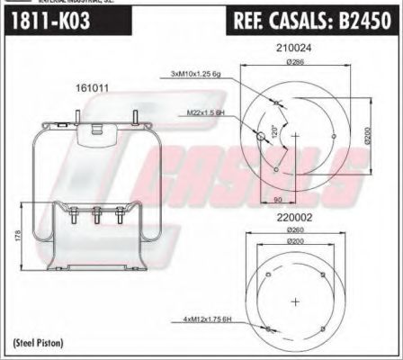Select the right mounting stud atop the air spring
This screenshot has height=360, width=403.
135,118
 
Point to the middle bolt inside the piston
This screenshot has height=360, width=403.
96,217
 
